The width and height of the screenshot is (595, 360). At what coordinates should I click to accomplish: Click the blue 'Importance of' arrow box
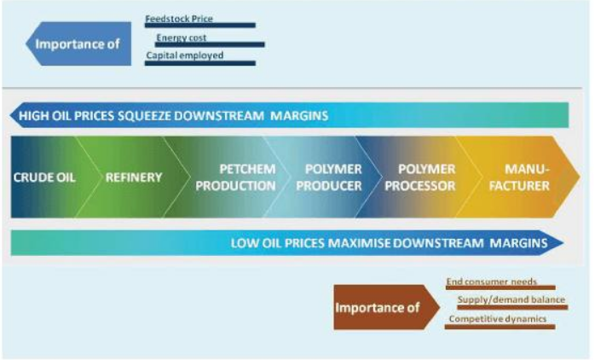(78, 44)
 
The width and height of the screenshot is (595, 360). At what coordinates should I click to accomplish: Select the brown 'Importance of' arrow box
(387, 307)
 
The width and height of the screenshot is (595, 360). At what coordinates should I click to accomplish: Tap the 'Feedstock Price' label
(179, 19)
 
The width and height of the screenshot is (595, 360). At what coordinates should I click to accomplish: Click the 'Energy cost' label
(182, 38)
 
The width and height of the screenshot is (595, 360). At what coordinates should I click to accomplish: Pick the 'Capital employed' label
(185, 55)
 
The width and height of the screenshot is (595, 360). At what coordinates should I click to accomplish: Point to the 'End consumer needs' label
(491, 282)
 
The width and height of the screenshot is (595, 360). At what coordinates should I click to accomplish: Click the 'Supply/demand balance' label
(511, 299)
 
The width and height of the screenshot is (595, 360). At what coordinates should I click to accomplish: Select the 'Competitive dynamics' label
(498, 318)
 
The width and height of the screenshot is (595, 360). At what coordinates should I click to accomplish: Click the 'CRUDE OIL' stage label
(44, 177)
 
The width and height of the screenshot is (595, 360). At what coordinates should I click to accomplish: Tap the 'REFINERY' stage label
(134, 177)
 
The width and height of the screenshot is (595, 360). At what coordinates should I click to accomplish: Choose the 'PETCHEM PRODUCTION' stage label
(235, 177)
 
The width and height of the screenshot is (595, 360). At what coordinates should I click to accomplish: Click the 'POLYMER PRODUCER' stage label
(329, 177)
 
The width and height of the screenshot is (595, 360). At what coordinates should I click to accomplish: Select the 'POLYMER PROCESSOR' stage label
(420, 177)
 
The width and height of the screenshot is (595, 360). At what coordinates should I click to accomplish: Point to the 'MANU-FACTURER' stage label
(519, 177)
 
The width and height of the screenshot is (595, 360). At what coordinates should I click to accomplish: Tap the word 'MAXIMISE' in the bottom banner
(359, 243)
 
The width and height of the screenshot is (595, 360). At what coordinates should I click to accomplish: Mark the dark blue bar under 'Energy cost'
(211, 45)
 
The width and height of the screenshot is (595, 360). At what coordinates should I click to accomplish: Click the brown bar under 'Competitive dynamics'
(500, 327)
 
